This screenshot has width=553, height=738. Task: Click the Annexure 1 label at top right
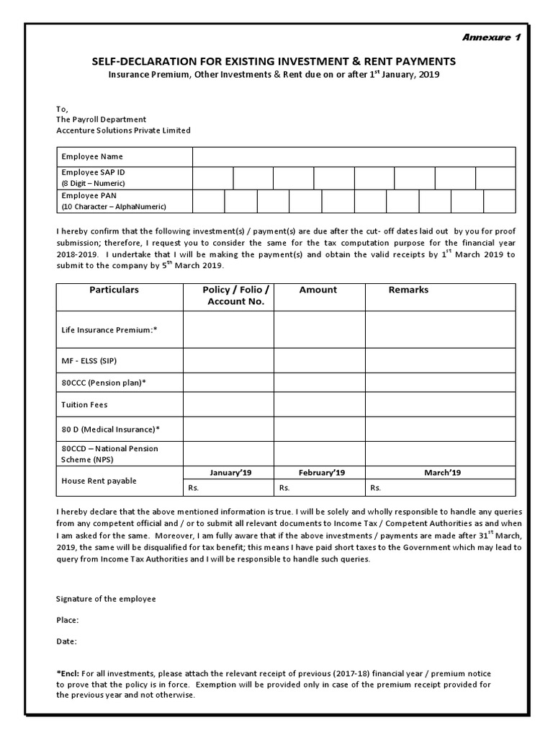pos(491,38)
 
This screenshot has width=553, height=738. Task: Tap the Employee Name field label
pos(92,156)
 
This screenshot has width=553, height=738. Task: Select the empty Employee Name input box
pos(354,156)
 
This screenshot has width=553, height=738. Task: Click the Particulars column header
pos(114,290)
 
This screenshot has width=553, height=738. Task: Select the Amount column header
pos(318,290)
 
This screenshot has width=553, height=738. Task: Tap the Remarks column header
pos(408,290)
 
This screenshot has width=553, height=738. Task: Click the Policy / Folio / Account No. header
pos(236,295)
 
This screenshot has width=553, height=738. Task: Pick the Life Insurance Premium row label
pos(109,330)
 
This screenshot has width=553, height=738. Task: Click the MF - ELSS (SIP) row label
pos(89,360)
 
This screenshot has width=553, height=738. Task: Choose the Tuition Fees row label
pos(84,405)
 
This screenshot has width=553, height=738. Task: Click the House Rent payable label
pos(99,481)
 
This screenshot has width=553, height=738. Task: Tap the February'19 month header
pos(322,473)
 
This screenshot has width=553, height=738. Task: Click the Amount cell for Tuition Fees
pos(319,405)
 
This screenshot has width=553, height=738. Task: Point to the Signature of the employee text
pos(106,599)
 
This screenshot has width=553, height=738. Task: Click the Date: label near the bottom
pos(66,641)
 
